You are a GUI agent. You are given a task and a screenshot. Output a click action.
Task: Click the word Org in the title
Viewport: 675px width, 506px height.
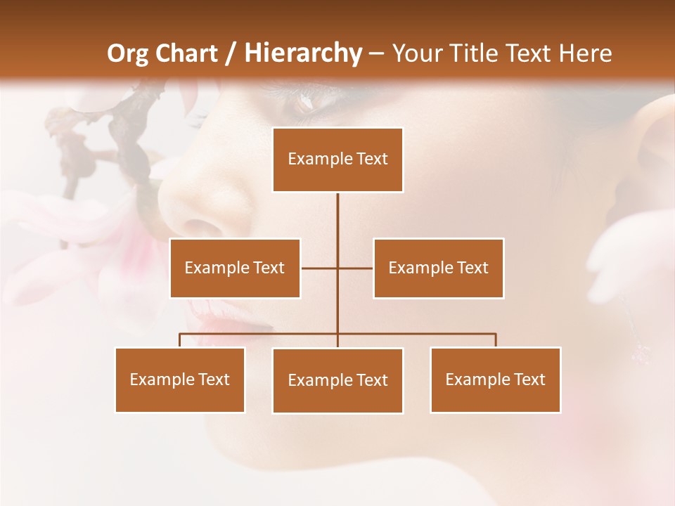pyautogui.click(x=127, y=53)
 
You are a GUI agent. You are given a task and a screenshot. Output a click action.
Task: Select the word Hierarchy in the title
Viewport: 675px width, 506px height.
pyautogui.click(x=302, y=53)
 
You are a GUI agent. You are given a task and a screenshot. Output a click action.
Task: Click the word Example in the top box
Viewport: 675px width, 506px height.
pyautogui.click(x=313, y=159)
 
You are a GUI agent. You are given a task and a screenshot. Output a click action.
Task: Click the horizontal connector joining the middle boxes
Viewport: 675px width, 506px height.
pyautogui.click(x=320, y=268)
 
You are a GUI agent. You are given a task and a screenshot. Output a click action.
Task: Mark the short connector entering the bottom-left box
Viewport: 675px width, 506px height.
pyautogui.click(x=180, y=340)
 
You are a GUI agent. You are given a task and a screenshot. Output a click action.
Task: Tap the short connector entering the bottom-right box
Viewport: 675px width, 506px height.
pyautogui.click(x=496, y=340)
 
